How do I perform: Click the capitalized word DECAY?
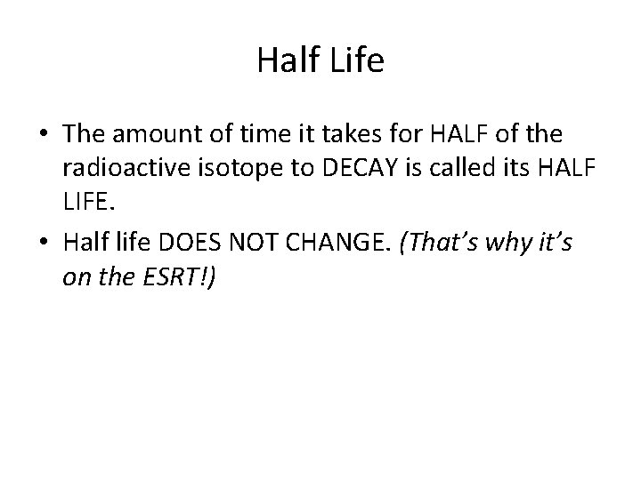coord(330,170)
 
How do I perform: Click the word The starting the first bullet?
coord(83,134)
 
